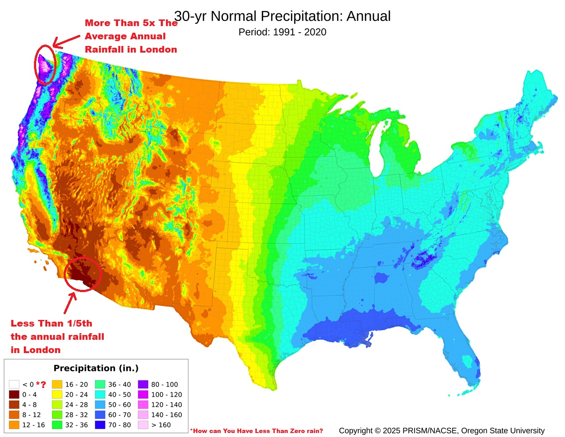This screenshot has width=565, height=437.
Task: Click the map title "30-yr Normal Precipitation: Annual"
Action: [x=282, y=16]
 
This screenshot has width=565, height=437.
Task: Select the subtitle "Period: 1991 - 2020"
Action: [x=282, y=32]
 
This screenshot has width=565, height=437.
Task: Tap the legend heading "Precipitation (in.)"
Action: [x=96, y=368]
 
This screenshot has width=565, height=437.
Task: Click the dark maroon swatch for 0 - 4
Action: [x=14, y=395]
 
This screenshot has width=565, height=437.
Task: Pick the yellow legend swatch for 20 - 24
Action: [x=57, y=395]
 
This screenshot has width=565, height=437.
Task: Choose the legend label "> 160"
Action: [x=161, y=425]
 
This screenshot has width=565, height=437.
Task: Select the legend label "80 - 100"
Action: [x=164, y=384]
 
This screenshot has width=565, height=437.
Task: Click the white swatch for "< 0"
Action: [x=14, y=384]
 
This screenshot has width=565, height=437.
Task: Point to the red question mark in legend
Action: [x=43, y=384]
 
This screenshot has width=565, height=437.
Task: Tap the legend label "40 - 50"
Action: [x=119, y=395]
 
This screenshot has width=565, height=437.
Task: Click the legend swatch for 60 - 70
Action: [x=100, y=415]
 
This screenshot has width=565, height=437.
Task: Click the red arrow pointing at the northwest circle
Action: [x=65, y=41]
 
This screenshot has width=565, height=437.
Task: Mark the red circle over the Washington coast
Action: [x=45, y=65]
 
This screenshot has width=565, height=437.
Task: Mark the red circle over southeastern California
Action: [x=83, y=274]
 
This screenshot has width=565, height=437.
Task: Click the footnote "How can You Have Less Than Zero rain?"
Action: [x=257, y=431]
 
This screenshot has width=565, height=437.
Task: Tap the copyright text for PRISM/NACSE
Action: [x=441, y=430]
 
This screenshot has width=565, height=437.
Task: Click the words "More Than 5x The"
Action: [x=131, y=23]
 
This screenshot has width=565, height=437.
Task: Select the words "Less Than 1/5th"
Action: [x=51, y=323]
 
